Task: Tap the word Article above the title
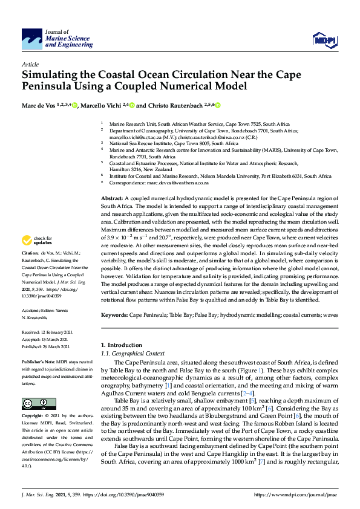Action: point(30,64)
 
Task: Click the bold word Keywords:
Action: point(114,316)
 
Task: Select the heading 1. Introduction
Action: point(121,345)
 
